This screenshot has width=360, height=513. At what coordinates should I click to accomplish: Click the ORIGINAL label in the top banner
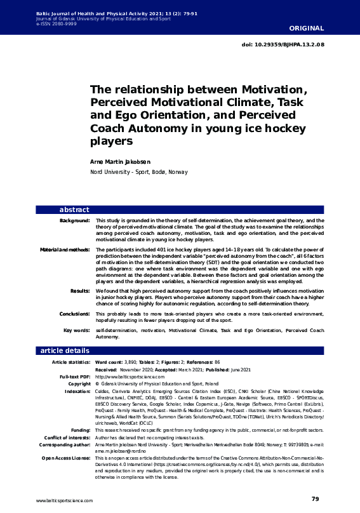point(307,29)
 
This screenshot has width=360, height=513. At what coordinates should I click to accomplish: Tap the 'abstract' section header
point(74,210)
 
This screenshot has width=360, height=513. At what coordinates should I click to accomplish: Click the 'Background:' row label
point(74,220)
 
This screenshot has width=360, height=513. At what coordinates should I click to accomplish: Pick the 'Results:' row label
point(80,290)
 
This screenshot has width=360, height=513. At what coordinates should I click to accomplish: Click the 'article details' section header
point(65,350)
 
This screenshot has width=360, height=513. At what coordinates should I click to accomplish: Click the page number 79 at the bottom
point(315,499)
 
